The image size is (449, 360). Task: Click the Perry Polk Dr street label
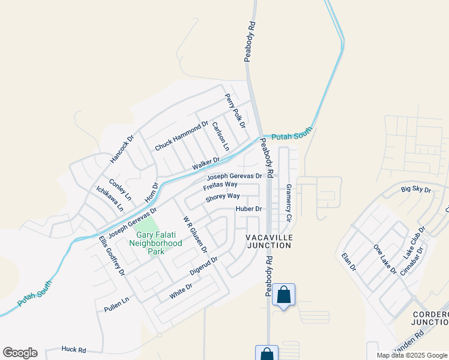235,110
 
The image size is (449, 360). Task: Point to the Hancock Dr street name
122,149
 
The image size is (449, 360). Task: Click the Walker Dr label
206,163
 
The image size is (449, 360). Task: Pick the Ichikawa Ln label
110,199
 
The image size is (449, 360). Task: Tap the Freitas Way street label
220,185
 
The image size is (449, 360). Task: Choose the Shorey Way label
223,196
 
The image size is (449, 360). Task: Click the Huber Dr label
249,209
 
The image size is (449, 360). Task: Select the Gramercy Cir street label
288,203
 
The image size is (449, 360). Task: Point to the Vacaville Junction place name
269,241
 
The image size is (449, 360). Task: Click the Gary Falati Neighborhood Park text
157,243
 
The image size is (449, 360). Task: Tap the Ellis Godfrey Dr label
112,255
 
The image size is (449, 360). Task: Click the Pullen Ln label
116,304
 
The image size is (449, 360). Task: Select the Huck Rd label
74,349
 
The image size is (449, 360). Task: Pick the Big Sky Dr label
416,190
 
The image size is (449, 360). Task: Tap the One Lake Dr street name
385,259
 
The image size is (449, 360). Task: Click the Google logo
20,353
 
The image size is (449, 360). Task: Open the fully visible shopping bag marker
283,295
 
